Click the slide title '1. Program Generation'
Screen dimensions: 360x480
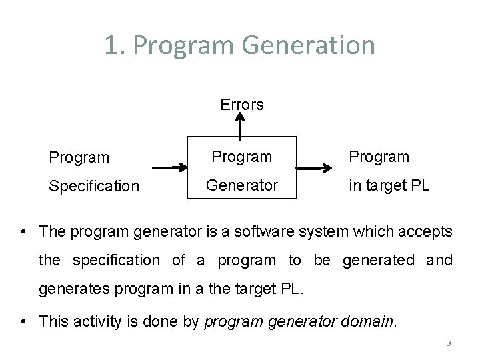point(239,45)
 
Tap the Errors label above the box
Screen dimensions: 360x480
point(242,105)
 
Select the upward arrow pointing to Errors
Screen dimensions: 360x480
point(241,125)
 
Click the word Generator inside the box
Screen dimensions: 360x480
point(242,185)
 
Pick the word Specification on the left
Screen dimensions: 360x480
point(94,187)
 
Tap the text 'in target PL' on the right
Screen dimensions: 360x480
point(389,185)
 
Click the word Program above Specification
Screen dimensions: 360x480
point(79,158)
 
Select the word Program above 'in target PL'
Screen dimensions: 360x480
point(379,157)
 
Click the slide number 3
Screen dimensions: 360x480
point(449,343)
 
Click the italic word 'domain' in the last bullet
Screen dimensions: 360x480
point(368,321)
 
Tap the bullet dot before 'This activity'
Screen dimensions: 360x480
point(24,321)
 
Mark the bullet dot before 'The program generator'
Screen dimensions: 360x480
point(24,232)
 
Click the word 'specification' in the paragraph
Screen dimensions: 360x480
point(116,261)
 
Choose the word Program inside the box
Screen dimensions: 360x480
point(242,157)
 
